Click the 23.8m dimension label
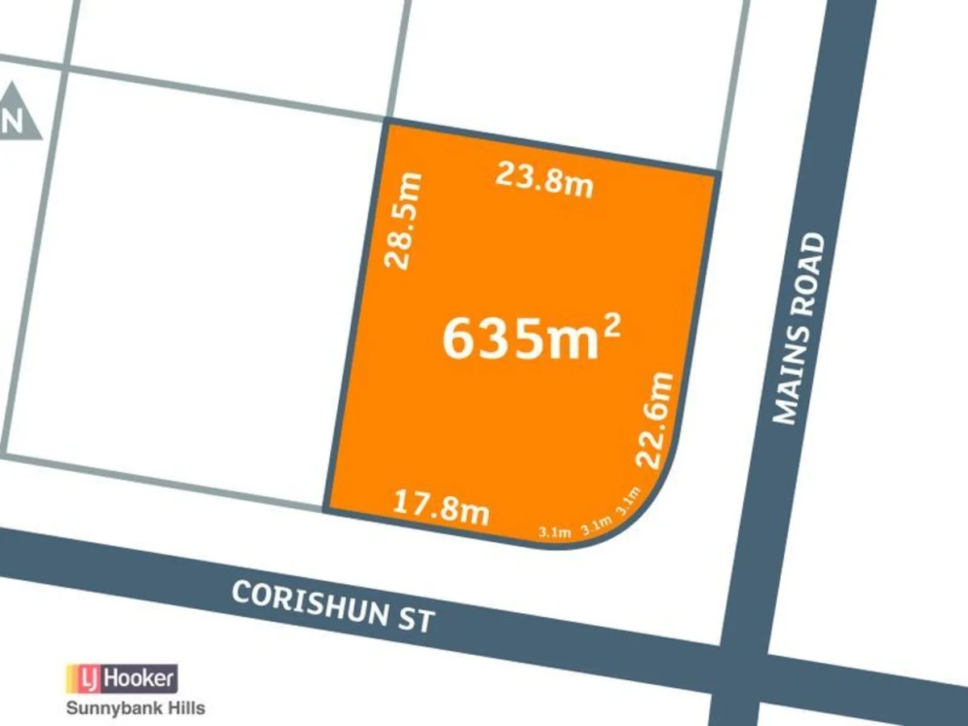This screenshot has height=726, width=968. tap(544, 179)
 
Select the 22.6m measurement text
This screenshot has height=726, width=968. tap(655, 419)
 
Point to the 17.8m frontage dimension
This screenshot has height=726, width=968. tap(441, 507)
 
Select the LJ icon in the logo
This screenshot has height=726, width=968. tap(85, 679)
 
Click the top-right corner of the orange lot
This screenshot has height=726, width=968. tap(716, 173)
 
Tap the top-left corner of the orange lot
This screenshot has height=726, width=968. tap(385, 122)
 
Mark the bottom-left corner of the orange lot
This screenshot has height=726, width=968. tap(325, 510)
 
